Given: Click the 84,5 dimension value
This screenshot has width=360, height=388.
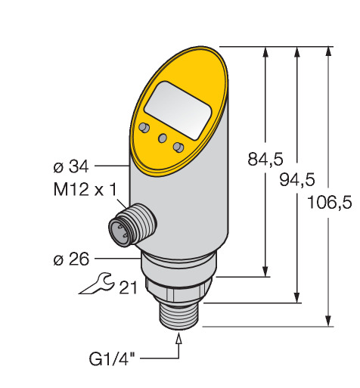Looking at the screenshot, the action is click(265, 159).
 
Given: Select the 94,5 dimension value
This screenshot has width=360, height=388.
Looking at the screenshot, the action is click(297, 180).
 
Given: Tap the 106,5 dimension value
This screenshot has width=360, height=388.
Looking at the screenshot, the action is click(330, 202).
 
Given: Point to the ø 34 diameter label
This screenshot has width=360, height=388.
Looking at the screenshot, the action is click(71, 166).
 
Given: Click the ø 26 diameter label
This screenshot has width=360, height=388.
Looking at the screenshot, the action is click(71, 259).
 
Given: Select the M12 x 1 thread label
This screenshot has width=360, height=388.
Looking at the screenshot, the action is click(85, 189).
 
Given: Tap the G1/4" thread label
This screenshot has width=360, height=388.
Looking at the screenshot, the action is click(112, 359).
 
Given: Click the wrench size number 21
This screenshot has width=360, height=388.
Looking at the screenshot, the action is click(129, 287).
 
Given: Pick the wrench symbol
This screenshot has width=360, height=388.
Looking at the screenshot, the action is click(97, 284).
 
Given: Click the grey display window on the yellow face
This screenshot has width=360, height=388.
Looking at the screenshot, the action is click(178, 110).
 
